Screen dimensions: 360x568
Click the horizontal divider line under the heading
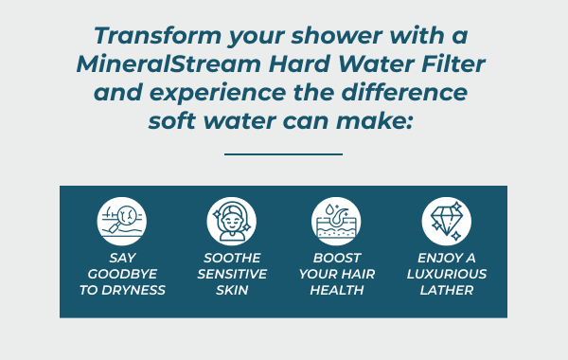pos(283,153)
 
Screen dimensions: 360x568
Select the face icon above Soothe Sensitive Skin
pos(232,221)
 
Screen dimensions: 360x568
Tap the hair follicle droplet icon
pos(336,221)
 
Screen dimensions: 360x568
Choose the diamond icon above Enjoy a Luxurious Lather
pos(446,221)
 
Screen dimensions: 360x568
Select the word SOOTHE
pos(232,258)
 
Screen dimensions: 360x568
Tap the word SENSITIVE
pos(232,274)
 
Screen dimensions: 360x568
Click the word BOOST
pos(336,258)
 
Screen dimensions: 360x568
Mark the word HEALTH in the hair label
pos(336,290)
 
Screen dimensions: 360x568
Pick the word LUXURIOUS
pos(446,274)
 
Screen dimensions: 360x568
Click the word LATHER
pos(446,290)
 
